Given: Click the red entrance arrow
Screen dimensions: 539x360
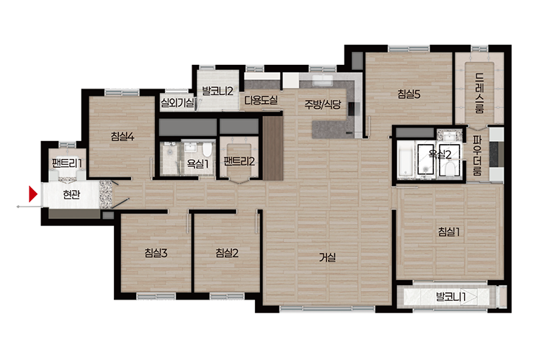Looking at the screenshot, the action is pyautogui.click(x=32, y=194).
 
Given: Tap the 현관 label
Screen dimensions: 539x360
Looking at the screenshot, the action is pyautogui.click(x=71, y=195).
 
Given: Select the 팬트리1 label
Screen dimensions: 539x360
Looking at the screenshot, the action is pyautogui.click(x=67, y=163).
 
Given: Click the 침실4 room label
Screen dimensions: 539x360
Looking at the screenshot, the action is pyautogui.click(x=122, y=137).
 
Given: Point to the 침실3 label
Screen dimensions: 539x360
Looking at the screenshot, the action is pyautogui.click(x=156, y=253).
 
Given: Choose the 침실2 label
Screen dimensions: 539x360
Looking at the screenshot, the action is pyautogui.click(x=227, y=253).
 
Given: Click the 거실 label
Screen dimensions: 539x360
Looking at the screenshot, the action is pyautogui.click(x=327, y=257).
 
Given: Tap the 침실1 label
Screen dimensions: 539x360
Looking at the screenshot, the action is pyautogui.click(x=449, y=232).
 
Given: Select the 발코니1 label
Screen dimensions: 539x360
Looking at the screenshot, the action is pyautogui.click(x=450, y=297).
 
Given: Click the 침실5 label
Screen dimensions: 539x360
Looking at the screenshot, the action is pyautogui.click(x=409, y=94).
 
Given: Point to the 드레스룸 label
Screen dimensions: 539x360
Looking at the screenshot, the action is pyautogui.click(x=480, y=93).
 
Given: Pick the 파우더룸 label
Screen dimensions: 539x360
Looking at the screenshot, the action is pyautogui.click(x=478, y=156).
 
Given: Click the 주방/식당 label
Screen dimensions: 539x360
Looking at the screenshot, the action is pyautogui.click(x=322, y=104).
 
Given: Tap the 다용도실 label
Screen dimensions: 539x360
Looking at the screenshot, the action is pyautogui.click(x=261, y=100).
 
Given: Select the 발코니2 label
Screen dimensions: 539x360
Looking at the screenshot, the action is pyautogui.click(x=218, y=91).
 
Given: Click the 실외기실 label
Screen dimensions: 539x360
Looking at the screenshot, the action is pyautogui.click(x=177, y=102).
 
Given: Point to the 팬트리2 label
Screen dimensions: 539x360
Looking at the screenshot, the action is pyautogui.click(x=239, y=161).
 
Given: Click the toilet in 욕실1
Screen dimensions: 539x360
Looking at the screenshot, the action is pyautogui.click(x=207, y=150).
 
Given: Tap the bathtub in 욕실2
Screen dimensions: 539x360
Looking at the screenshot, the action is pyautogui.click(x=406, y=160).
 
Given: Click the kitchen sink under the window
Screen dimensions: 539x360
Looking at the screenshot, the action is pyautogui.click(x=321, y=80).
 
